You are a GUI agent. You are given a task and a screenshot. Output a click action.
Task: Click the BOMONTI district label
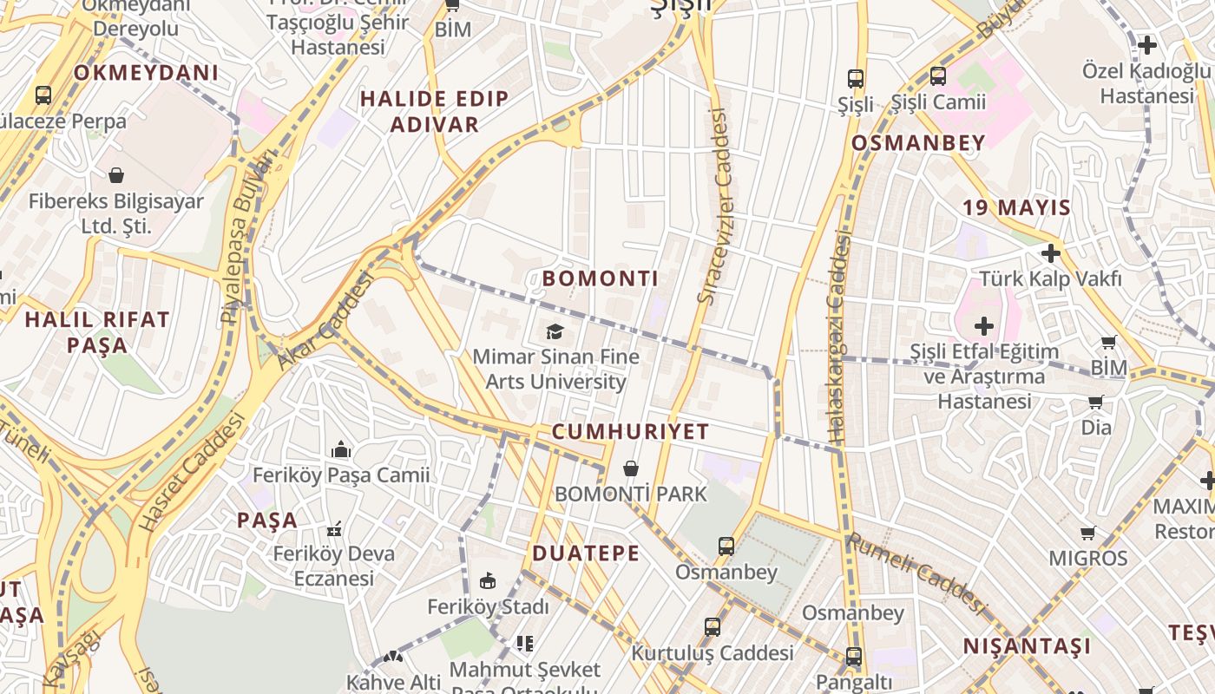601,278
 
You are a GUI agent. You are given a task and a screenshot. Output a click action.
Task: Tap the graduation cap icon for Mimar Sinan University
555,331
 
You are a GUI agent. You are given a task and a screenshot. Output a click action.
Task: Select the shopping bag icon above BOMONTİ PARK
631,468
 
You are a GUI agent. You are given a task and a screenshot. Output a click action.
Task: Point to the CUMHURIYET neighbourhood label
630,432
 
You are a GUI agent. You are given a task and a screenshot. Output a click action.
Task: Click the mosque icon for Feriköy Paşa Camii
341,449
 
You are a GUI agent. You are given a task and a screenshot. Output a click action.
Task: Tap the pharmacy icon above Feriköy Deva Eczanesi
334,528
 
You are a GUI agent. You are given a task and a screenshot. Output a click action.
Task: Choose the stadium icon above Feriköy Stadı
488,581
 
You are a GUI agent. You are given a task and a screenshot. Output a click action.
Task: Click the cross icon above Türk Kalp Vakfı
1051,253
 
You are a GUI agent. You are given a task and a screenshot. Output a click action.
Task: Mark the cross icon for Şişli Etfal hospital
983,326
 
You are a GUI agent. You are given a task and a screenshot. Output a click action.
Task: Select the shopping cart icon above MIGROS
1088,532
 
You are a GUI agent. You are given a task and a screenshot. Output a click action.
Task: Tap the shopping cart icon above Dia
1096,402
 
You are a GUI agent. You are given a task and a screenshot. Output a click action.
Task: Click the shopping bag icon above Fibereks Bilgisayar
116,175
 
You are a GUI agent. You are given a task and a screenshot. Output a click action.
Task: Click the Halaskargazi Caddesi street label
837,338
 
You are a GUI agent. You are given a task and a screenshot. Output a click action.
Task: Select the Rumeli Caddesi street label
916,573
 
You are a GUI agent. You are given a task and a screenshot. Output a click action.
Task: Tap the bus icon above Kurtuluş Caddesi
713,626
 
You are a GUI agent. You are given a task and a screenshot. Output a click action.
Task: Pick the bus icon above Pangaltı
854,656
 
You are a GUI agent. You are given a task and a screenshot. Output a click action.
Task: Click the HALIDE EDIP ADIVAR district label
434,112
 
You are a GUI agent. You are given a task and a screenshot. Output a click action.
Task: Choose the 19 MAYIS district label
1016,208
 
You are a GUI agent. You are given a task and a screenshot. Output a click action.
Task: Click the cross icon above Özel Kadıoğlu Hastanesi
1146,45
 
